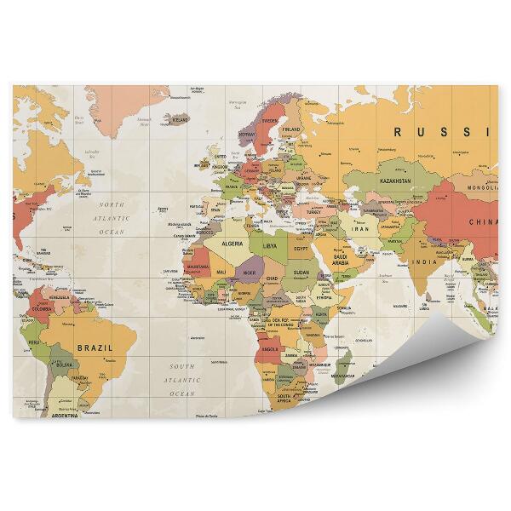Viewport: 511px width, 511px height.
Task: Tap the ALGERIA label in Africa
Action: point(233,243)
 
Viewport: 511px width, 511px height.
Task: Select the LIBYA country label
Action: point(269,245)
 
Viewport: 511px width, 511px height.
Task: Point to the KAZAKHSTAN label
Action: point(395,181)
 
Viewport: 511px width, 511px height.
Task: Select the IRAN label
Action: point(361,229)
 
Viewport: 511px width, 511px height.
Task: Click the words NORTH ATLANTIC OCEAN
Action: point(112,218)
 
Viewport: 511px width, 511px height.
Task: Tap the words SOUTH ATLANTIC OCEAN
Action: point(181,379)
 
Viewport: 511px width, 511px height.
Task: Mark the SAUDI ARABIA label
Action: point(340,259)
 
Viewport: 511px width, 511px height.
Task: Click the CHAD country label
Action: point(272,278)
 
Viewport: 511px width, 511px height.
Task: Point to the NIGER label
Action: point(249,273)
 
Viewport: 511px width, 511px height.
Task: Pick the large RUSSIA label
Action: point(441,132)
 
